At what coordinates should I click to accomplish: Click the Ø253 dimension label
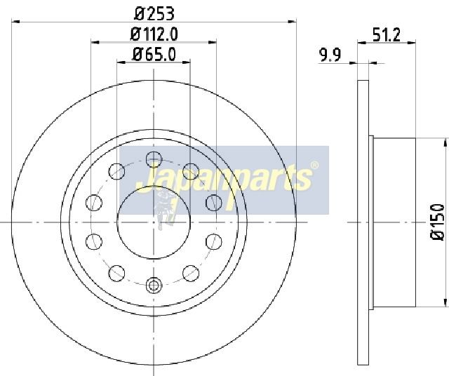(x=154, y=14)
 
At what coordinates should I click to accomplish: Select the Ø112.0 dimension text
(x=154, y=34)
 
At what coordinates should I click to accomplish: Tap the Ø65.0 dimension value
(x=154, y=54)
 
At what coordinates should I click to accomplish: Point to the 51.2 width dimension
(x=387, y=34)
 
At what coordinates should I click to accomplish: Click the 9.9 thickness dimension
(x=330, y=55)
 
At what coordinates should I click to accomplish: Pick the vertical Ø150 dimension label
(x=438, y=222)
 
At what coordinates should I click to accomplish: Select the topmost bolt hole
(x=154, y=159)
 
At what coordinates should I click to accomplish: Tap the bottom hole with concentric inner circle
(x=154, y=286)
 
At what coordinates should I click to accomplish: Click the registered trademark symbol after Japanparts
(x=314, y=166)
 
